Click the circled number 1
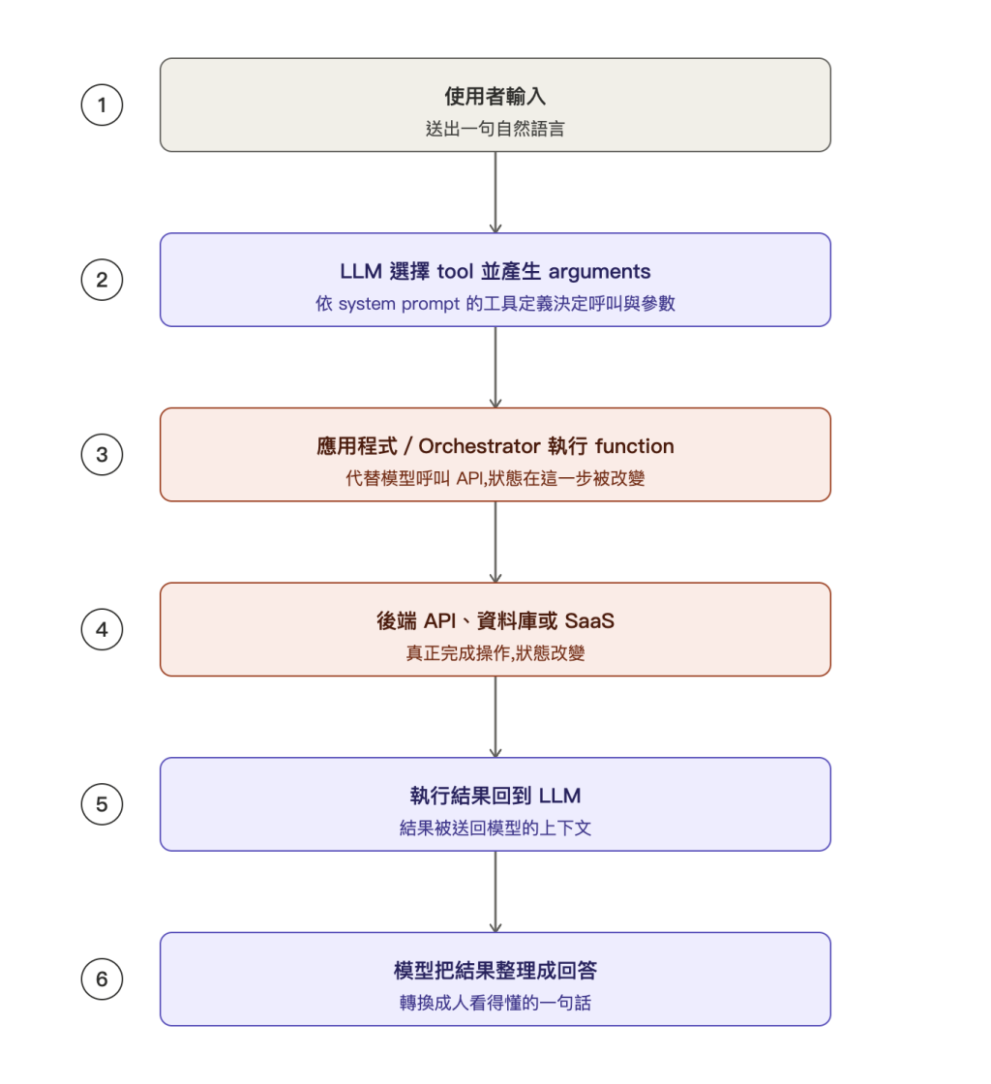click(x=103, y=105)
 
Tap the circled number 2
click(x=103, y=280)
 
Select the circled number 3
click(x=103, y=455)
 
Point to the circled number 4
click(x=103, y=630)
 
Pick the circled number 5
click(x=103, y=804)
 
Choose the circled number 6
click(x=103, y=979)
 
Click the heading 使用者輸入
click(x=495, y=96)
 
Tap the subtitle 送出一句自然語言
click(x=495, y=129)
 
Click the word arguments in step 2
click(x=599, y=272)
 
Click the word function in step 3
click(x=635, y=446)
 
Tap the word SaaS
click(x=589, y=620)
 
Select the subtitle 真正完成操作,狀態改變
click(x=495, y=653)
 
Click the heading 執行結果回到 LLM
click(x=495, y=796)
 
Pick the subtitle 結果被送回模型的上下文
click(x=495, y=828)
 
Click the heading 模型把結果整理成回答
click(x=495, y=971)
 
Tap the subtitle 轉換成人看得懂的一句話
click(x=495, y=1003)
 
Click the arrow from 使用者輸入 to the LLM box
click(x=495, y=193)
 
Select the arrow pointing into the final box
click(x=495, y=891)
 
